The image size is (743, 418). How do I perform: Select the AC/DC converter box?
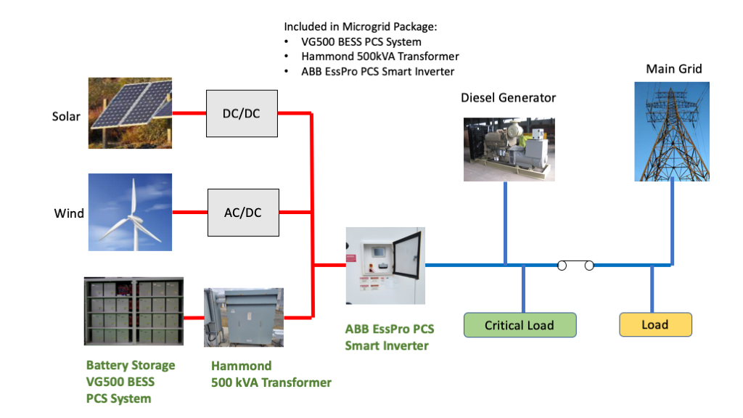coord(243,213)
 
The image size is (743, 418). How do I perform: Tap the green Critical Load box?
coord(520,325)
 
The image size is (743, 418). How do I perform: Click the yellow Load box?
coord(655,324)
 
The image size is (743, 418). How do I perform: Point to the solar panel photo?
coord(130,113)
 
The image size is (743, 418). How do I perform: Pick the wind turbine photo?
coord(130,212)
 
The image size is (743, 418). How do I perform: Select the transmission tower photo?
coord(672,131)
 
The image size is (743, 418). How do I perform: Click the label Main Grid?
coord(674,70)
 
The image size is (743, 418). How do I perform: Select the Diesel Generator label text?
coord(508,97)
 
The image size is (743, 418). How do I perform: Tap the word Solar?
coord(66,116)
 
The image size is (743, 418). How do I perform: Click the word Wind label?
coord(69,213)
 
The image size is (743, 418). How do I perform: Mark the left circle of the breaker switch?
coord(562,266)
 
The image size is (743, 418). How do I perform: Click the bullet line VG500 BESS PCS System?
coord(361,41)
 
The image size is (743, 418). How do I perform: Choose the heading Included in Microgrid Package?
coord(361,26)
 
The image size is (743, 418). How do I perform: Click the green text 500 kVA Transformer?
coord(271,382)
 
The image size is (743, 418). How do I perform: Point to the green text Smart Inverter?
coord(387,345)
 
